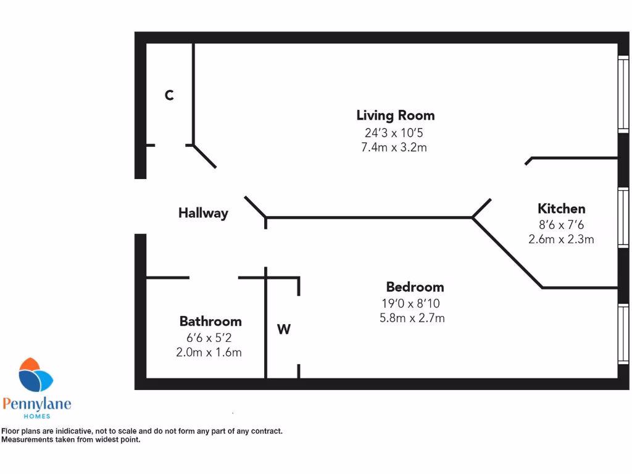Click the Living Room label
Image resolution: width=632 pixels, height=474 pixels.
[x=395, y=115]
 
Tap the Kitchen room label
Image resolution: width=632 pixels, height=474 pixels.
[x=561, y=209]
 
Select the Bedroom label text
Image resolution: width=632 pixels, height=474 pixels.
[x=415, y=287]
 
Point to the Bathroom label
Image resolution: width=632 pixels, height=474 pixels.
[x=210, y=322]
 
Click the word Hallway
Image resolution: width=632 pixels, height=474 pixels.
[x=203, y=214]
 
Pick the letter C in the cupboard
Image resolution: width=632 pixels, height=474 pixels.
[x=169, y=96]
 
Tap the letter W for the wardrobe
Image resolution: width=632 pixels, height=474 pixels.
[x=283, y=330]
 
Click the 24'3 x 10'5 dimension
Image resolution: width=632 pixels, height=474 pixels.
[x=394, y=133]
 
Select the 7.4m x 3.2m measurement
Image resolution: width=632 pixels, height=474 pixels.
[x=394, y=148]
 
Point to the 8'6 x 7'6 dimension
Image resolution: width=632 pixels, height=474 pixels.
[x=561, y=225]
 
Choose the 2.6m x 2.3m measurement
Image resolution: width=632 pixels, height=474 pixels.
[x=561, y=239]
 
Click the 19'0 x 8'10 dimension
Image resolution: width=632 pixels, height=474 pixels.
[x=412, y=304]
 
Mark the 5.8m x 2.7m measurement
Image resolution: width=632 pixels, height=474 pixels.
[x=412, y=318]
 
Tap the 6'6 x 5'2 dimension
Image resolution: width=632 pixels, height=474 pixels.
[x=210, y=338]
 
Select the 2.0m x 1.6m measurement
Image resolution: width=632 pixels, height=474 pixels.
[x=210, y=352]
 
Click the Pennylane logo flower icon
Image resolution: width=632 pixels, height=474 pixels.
[x=35, y=375]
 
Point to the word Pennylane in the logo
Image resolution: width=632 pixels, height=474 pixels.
[x=37, y=404]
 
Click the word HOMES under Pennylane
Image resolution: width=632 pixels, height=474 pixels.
[x=37, y=417]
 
